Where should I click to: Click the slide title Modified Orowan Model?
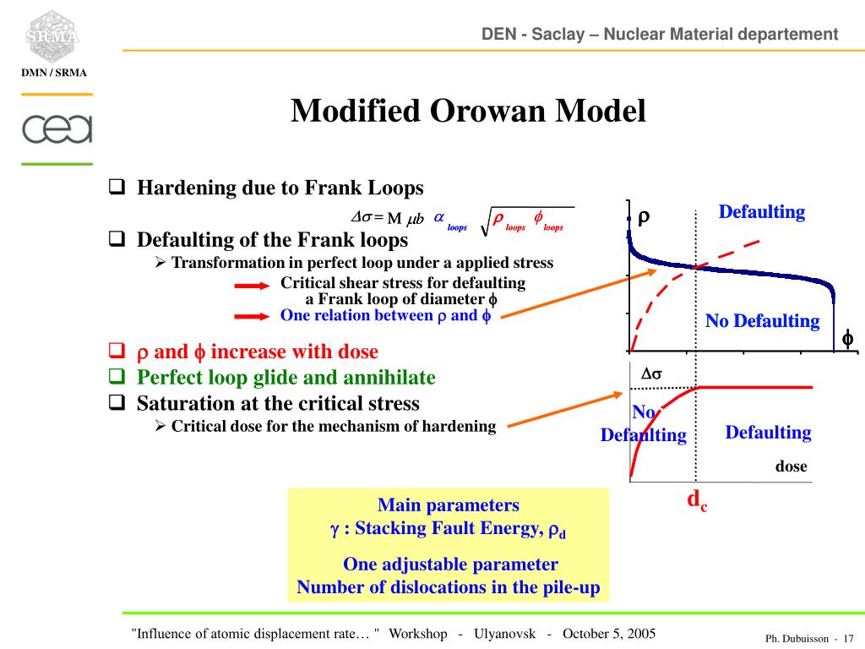tap(468, 111)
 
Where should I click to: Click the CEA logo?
tap(57, 129)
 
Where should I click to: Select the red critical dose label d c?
tap(697, 500)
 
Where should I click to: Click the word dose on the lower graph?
tap(792, 466)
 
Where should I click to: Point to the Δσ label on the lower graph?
tap(651, 374)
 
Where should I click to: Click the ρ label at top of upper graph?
tap(644, 218)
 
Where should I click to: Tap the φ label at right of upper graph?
tap(847, 339)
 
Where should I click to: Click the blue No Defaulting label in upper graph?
tap(762, 321)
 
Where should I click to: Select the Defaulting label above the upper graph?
tap(761, 212)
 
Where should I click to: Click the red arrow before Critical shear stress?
tap(252, 286)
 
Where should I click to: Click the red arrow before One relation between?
tap(252, 316)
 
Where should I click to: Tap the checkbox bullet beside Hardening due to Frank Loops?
tap(117, 187)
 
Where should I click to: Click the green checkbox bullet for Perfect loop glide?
tap(117, 377)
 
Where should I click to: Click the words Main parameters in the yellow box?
tap(448, 505)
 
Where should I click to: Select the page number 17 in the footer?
tap(849, 638)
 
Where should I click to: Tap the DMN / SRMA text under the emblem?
tap(54, 73)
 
